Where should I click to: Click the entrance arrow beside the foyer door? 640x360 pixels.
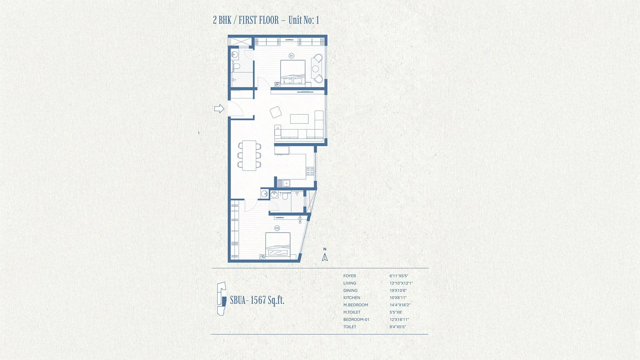[219, 109]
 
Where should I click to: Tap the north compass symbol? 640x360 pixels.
[325, 255]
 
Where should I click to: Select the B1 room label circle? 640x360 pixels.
[292, 56]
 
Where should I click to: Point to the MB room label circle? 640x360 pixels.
[277, 228]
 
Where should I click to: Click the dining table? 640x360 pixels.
[249, 156]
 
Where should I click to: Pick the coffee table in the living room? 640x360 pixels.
[299, 119]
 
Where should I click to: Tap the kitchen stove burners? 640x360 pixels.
[310, 171]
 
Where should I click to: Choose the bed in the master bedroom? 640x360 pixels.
[278, 245]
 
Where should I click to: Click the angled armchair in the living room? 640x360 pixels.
[276, 112]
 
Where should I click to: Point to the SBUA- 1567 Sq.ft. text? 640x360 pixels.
[257, 300]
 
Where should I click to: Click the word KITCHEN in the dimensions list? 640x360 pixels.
[352, 298]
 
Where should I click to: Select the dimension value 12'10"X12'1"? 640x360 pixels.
[401, 283]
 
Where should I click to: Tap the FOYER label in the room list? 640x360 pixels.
[350, 276]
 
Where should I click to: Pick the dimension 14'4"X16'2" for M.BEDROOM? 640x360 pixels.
[400, 305]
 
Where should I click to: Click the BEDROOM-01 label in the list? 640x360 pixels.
[356, 319]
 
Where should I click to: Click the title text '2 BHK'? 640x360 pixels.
[222, 20]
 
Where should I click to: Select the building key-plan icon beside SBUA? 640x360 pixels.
[222, 298]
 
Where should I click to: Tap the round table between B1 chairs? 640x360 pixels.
[315, 69]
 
